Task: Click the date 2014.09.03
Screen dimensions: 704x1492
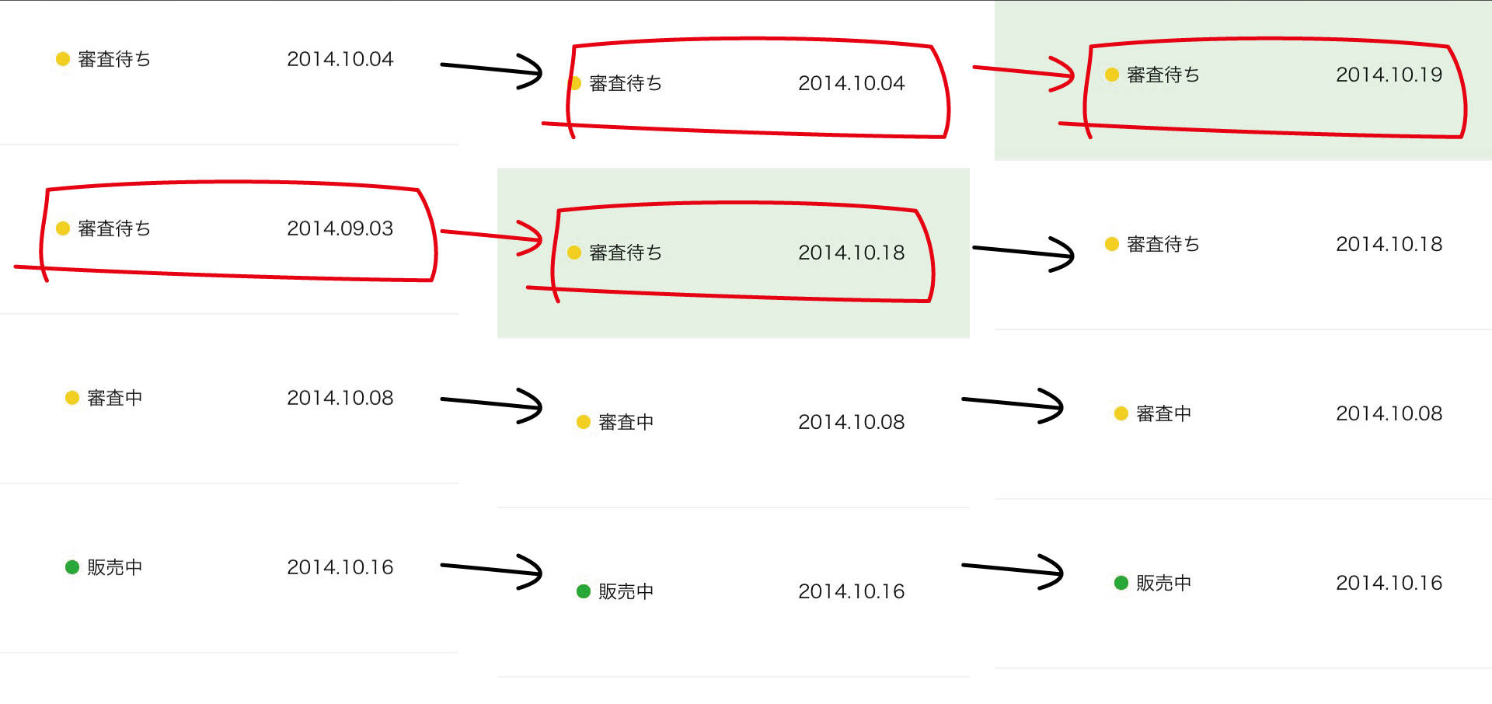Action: click(340, 228)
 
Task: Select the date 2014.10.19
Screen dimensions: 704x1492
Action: click(1389, 75)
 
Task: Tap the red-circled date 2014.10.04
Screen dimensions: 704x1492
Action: click(851, 83)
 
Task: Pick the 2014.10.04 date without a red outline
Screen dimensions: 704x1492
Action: click(340, 59)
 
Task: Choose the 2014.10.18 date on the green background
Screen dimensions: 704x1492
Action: click(851, 253)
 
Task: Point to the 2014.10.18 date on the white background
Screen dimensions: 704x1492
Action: click(1389, 244)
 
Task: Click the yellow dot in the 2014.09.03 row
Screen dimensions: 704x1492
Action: click(63, 228)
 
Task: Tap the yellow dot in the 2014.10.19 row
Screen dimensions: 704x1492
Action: click(1112, 75)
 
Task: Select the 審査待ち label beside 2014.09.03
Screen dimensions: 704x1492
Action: click(114, 228)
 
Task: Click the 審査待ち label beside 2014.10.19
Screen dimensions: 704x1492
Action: click(1163, 75)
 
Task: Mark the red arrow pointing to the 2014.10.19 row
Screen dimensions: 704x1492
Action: click(1023, 73)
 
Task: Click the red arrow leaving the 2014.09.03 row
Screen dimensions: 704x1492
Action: click(491, 236)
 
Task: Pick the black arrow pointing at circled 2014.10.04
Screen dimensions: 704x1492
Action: click(491, 71)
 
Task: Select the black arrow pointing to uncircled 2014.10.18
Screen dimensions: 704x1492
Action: click(1023, 253)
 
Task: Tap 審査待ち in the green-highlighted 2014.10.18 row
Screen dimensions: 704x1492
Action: click(626, 253)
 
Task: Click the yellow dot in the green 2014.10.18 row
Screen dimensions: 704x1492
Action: click(574, 253)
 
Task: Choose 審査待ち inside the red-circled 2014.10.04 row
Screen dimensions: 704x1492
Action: click(626, 83)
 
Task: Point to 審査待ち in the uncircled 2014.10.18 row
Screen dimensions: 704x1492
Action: click(1163, 244)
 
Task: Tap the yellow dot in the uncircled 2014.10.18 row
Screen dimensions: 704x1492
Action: click(1112, 244)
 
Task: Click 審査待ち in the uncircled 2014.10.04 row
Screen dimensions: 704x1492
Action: click(114, 59)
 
